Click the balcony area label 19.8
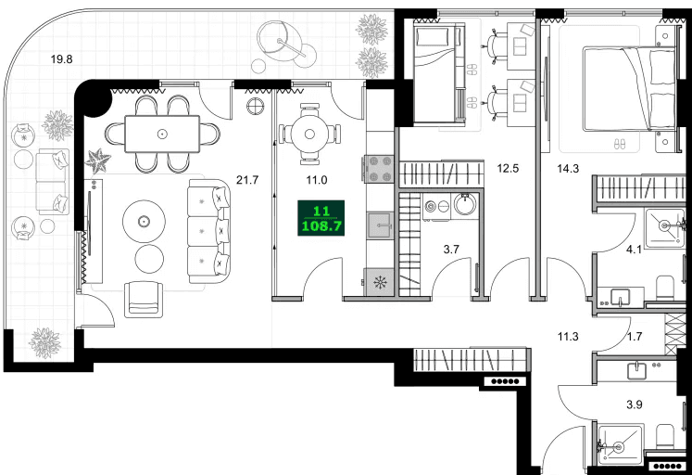[x=61, y=59]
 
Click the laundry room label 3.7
[x=450, y=249]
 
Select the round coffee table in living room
[x=144, y=221]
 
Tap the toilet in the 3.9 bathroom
[x=664, y=436]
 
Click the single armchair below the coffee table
[x=144, y=297]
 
